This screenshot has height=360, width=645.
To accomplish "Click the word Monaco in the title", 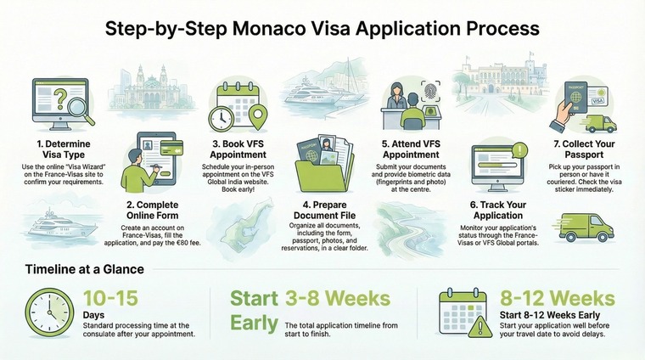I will click(273, 28).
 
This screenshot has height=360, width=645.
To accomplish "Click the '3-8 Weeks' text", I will click(339, 300).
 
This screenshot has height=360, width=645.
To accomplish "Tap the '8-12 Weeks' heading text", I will click(557, 300).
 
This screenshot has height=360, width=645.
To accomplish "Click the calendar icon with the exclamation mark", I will click(464, 312).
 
